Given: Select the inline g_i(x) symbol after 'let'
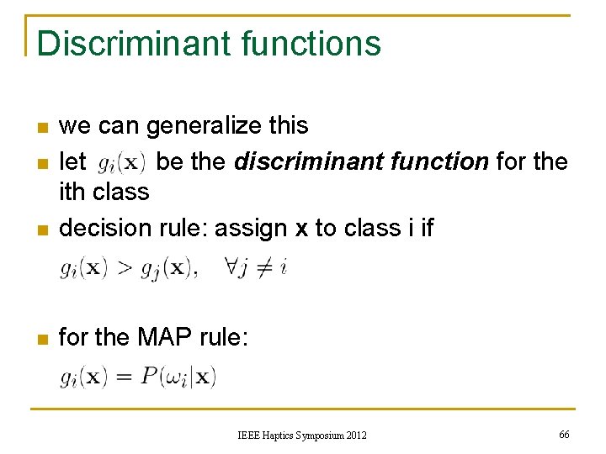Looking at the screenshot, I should pyautogui.click(x=123, y=161).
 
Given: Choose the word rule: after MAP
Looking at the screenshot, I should pyautogui.click(x=224, y=337).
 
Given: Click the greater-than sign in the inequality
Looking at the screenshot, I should pyautogui.click(x=125, y=268).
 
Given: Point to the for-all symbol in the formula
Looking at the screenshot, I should pyautogui.click(x=233, y=267).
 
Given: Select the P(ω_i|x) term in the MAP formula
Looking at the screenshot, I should pyautogui.click(x=178, y=377).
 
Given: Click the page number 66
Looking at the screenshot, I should pyautogui.click(x=564, y=434).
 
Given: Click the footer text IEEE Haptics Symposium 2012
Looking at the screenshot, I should pyautogui.click(x=302, y=435).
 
